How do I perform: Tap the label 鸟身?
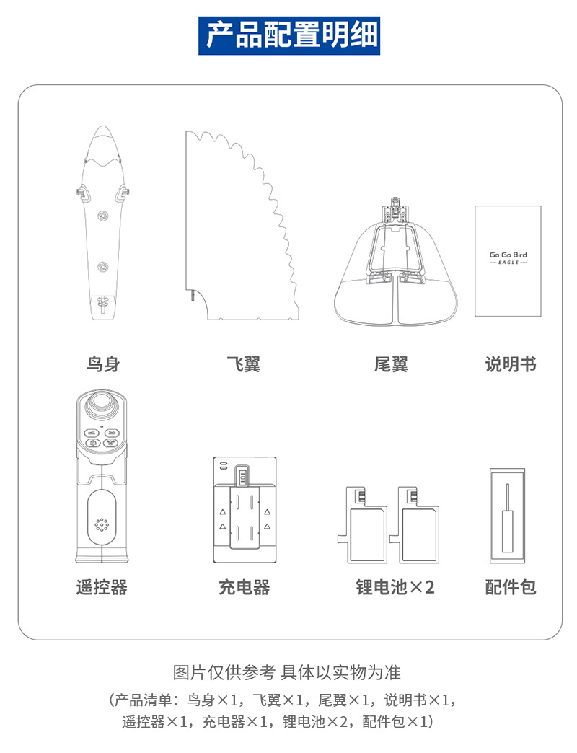(x=102, y=364)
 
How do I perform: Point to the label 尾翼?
(x=391, y=364)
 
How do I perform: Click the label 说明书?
(x=511, y=364)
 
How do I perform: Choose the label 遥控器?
(x=102, y=587)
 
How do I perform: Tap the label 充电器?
(x=244, y=587)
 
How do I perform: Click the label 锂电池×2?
(x=395, y=587)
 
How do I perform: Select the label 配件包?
(x=511, y=587)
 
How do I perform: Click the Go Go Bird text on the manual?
(x=508, y=255)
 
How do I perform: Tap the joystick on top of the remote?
(x=102, y=407)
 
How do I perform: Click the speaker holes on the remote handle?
(x=102, y=525)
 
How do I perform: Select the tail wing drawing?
(x=395, y=267)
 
